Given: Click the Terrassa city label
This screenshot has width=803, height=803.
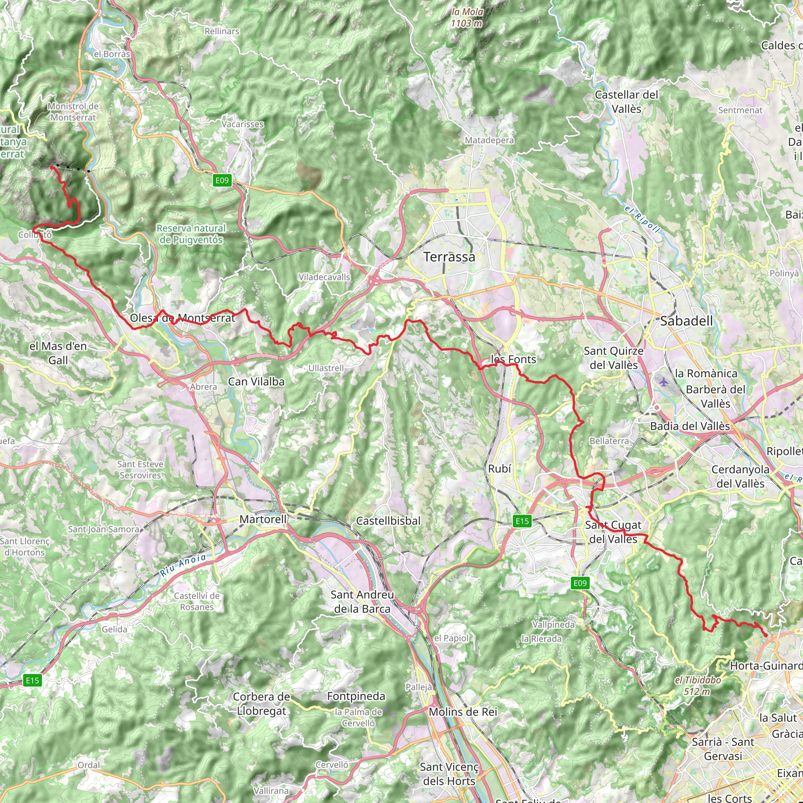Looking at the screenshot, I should pos(449,257).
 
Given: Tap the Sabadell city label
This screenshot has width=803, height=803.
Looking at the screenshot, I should pos(686,321).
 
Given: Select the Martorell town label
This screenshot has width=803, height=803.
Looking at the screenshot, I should pos(263,519).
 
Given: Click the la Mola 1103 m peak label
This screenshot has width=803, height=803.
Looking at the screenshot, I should pos(467,18).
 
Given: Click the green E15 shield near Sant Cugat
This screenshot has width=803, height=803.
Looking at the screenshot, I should pos(522,521).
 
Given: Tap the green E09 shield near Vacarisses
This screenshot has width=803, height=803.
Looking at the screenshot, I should pos(222,180).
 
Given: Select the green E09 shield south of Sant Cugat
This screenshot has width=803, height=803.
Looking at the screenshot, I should pos(580,583).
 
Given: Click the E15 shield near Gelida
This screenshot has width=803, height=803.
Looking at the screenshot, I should pos(33,680).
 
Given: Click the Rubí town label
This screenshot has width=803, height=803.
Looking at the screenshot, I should pos(499,469).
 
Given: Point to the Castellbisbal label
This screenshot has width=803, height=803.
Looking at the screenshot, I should pos(388,521).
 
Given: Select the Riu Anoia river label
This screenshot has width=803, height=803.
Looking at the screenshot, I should pos(183,565).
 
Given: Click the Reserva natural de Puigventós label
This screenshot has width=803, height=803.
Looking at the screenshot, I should pos(191,234).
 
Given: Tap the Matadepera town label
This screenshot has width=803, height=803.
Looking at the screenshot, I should pos(489,140).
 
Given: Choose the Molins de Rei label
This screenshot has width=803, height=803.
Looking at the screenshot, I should pos(463,712).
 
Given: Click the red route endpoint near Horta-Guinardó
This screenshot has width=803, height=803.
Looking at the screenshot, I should pos(766,635).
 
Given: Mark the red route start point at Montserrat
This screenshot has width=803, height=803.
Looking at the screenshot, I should pos(51,167).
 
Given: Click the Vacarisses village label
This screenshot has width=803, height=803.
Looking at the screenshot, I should pos(243,124).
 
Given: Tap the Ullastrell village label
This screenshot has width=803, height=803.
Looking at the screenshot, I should pos(326,368).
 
